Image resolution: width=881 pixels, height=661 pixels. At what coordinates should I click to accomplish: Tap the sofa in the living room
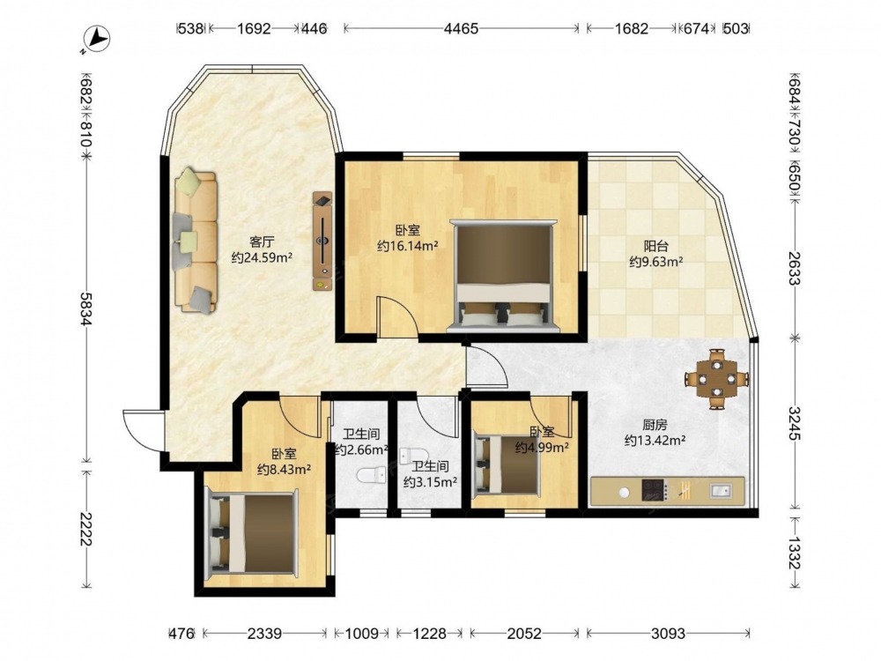pos(195,241)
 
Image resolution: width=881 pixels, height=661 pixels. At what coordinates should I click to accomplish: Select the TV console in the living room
pos(322,241)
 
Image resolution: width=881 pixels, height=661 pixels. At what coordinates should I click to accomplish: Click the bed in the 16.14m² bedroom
pos(505,275)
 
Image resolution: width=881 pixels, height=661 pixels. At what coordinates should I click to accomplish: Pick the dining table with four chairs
pos(717,379)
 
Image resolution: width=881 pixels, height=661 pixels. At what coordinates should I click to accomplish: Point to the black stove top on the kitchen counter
pos(654,491)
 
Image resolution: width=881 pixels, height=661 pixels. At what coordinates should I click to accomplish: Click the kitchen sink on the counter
pos(721,491)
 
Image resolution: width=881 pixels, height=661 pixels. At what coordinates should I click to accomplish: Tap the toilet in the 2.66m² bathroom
pos(372,476)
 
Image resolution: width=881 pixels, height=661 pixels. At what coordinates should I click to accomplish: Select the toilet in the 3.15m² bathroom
pos(414,456)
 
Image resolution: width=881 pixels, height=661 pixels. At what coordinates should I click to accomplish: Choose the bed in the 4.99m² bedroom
pos(507,465)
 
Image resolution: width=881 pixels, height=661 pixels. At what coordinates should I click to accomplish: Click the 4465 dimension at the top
pos(461,29)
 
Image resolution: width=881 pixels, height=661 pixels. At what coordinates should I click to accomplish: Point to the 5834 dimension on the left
pos(86,308)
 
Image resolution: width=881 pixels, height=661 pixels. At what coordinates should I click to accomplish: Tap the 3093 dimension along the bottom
pos(668,634)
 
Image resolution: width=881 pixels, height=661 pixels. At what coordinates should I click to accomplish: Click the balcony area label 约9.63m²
pos(655,262)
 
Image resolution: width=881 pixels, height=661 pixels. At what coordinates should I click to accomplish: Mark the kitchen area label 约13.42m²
pos(655,441)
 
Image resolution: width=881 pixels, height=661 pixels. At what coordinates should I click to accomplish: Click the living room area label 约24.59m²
pos(262,258)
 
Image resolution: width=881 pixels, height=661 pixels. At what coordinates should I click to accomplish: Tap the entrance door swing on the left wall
pos(142,430)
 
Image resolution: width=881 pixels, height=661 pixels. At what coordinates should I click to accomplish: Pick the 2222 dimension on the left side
pos(86,529)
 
